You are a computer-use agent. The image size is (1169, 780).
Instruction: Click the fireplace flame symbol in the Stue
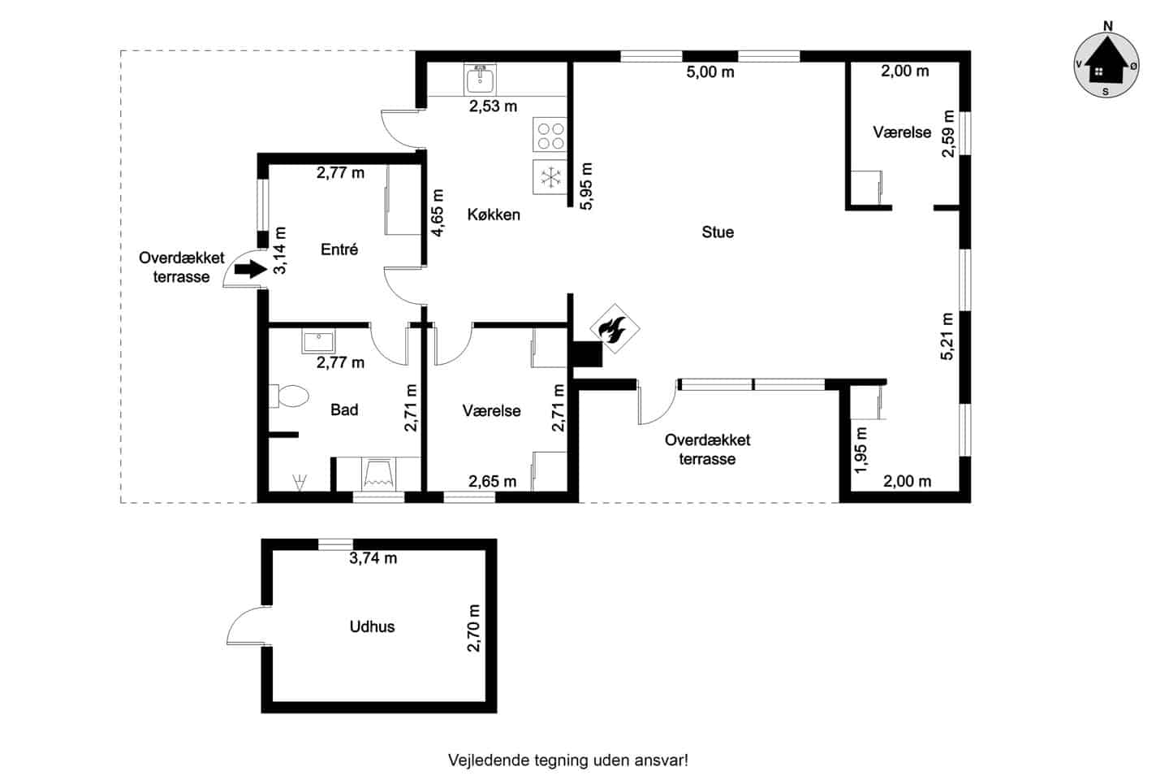pos(615,328)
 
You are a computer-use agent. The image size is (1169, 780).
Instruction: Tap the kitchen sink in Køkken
pos(480,80)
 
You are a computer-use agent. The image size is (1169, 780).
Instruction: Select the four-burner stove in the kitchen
pos(550,135)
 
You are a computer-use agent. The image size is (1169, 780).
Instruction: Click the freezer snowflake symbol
pos(550,177)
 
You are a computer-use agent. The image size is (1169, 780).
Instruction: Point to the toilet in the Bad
pos(289,396)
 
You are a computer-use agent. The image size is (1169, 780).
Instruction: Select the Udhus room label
pos(372,626)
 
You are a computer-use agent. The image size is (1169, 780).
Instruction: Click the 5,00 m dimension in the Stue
pos(710,71)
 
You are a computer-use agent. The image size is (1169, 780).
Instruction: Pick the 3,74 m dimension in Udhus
pos(373,558)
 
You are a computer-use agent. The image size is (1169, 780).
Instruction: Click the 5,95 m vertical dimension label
pos(586,187)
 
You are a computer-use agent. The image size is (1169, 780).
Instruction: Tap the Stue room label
pos(718,232)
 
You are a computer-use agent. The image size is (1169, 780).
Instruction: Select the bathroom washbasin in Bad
pos(318,341)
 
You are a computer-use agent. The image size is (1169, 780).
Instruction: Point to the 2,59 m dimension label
pos(948,133)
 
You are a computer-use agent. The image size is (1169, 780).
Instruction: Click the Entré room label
pos(339,249)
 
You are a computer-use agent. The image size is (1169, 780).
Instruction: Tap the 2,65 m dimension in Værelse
pos(492,481)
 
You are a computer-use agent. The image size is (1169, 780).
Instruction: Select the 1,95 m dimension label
pos(861,450)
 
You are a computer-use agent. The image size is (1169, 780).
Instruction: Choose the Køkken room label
pos(494,214)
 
